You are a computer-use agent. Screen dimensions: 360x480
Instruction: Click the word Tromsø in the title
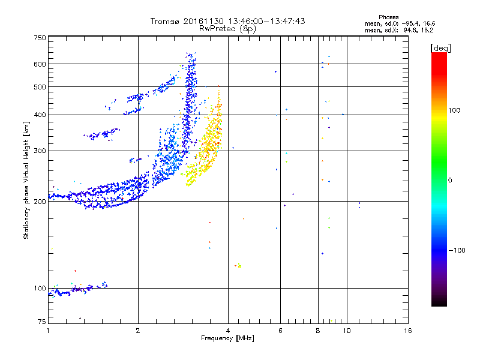click(x=165, y=21)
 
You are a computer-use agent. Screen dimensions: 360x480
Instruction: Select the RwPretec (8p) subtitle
click(x=227, y=28)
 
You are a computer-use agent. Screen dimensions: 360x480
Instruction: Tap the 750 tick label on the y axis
click(x=40, y=37)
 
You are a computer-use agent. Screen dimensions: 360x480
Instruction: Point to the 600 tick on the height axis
click(x=40, y=64)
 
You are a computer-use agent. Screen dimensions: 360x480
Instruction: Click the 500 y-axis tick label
click(x=40, y=87)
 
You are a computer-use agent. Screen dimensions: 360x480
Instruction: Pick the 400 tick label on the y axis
click(x=40, y=115)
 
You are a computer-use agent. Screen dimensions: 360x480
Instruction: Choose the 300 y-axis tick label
click(x=40, y=151)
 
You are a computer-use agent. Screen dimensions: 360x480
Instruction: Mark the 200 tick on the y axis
click(x=40, y=202)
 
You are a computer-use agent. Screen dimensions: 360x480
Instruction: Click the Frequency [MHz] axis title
click(x=227, y=338)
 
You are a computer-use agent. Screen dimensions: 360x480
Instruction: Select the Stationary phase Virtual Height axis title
click(x=26, y=179)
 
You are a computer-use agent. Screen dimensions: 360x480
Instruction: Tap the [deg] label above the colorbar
click(x=441, y=47)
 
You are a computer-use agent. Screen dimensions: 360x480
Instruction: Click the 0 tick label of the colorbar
click(x=450, y=180)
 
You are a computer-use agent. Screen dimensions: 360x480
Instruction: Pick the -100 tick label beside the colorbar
click(x=457, y=250)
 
